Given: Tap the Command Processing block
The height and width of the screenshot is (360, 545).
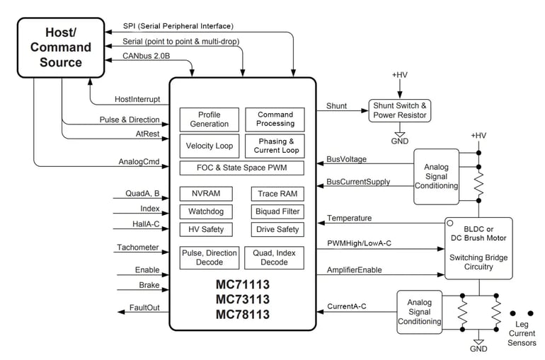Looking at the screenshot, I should (275, 119).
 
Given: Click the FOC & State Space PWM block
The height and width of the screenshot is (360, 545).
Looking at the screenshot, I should (241, 168).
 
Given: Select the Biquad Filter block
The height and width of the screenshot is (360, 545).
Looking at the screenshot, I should (277, 211).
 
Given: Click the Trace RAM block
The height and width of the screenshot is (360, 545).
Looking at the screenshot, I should (277, 194).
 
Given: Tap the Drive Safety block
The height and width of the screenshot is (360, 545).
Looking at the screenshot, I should (277, 229).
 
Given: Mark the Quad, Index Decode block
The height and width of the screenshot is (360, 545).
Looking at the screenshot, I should (275, 257).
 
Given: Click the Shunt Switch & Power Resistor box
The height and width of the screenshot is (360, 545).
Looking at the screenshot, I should (400, 110).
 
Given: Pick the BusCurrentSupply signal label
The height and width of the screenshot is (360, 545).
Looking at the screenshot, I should (358, 182).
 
